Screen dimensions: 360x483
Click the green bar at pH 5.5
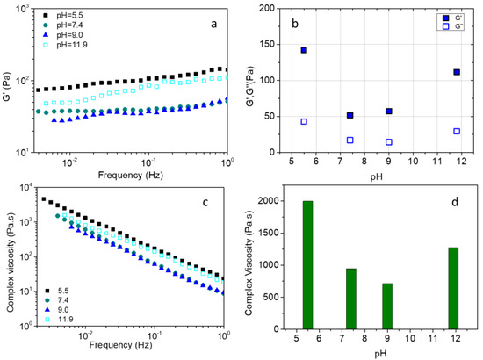307,265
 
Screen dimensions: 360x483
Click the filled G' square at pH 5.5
304,50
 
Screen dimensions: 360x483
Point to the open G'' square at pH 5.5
304,121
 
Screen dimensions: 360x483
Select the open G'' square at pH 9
388,141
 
